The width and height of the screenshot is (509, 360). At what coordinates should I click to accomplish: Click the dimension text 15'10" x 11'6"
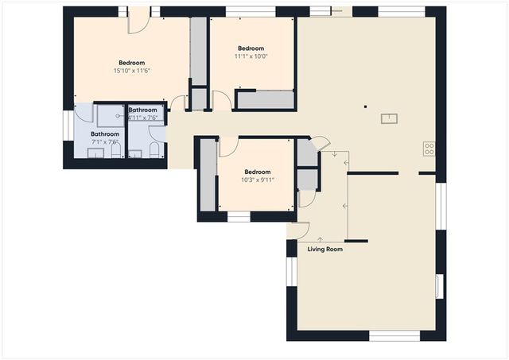132,71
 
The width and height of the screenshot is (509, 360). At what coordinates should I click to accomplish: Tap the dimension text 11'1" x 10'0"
251,56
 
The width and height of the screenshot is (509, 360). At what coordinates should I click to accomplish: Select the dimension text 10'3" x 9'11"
257,180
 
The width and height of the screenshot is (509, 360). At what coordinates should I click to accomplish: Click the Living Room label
324,250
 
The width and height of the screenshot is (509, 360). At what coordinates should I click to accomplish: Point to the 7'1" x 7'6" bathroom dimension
104,143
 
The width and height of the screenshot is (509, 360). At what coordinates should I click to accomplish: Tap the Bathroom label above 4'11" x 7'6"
143,110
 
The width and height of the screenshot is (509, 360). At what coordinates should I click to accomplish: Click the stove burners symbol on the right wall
429,148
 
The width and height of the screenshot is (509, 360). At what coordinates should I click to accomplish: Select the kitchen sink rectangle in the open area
390,119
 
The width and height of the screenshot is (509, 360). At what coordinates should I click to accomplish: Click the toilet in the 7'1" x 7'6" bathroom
115,151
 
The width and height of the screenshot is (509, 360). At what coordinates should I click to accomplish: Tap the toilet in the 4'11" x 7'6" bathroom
155,151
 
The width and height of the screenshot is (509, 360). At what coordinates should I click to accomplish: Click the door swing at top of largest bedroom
138,21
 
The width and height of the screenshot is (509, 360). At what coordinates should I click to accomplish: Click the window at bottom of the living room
394,336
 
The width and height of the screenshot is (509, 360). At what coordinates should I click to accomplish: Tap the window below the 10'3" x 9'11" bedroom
239,216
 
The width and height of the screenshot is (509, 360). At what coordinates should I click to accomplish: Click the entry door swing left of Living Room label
298,230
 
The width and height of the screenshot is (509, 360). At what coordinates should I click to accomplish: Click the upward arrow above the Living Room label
320,238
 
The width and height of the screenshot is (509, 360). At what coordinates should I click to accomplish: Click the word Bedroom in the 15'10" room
132,63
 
